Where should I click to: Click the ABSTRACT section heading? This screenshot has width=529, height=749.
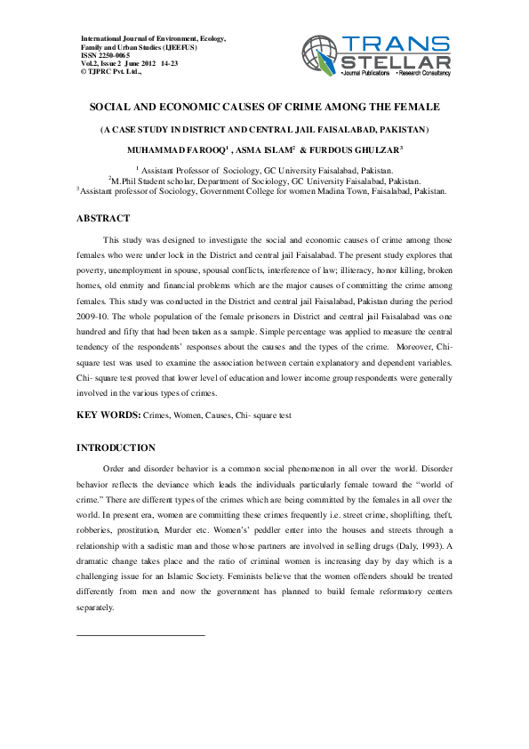tap(103, 218)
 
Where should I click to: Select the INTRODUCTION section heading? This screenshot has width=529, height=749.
tap(116, 447)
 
